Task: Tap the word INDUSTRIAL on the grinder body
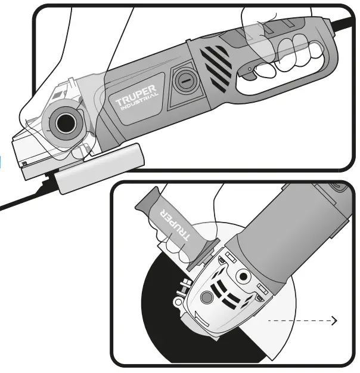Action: coord(139,105)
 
